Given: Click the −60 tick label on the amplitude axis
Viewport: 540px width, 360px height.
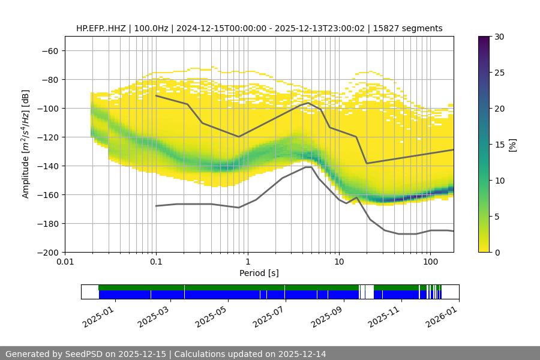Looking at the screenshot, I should [x=49, y=50].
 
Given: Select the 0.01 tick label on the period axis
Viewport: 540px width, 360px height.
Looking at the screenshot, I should [x=65, y=262].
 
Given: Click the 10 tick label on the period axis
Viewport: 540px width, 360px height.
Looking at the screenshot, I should [x=339, y=262].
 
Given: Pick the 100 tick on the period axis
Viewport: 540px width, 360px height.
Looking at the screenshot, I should [x=430, y=262].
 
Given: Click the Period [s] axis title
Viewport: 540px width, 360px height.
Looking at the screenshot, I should [x=259, y=274].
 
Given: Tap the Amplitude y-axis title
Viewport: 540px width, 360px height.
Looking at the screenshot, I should [x=26, y=144].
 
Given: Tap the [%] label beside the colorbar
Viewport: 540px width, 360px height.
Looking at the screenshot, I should [x=512, y=144].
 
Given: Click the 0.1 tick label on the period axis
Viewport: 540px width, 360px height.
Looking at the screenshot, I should [x=156, y=262].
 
